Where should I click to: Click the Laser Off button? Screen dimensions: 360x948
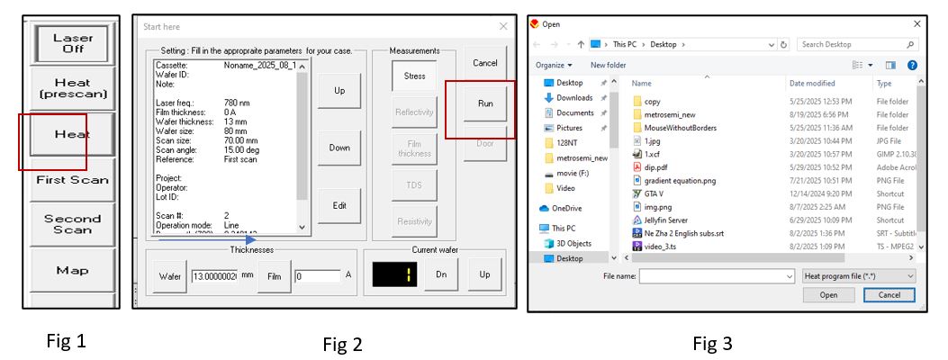click(72, 43)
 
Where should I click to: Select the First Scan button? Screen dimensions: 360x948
click(72, 179)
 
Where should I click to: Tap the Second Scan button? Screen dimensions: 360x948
click(72, 224)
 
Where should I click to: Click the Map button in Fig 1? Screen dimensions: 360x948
click(72, 270)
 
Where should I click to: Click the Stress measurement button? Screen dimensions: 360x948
click(414, 76)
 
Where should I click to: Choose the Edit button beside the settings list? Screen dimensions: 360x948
click(339, 205)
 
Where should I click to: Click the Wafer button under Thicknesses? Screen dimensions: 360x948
click(167, 275)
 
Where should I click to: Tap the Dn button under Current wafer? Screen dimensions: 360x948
click(440, 274)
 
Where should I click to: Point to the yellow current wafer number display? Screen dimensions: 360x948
click(396, 274)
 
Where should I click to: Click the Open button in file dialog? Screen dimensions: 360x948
click(828, 294)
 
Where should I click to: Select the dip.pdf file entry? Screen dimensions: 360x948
click(656, 166)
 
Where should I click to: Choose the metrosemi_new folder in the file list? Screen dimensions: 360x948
click(669, 115)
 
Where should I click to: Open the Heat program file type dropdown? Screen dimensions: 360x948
click(857, 275)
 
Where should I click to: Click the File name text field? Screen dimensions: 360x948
click(717, 275)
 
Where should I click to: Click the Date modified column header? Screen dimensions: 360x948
click(812, 84)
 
